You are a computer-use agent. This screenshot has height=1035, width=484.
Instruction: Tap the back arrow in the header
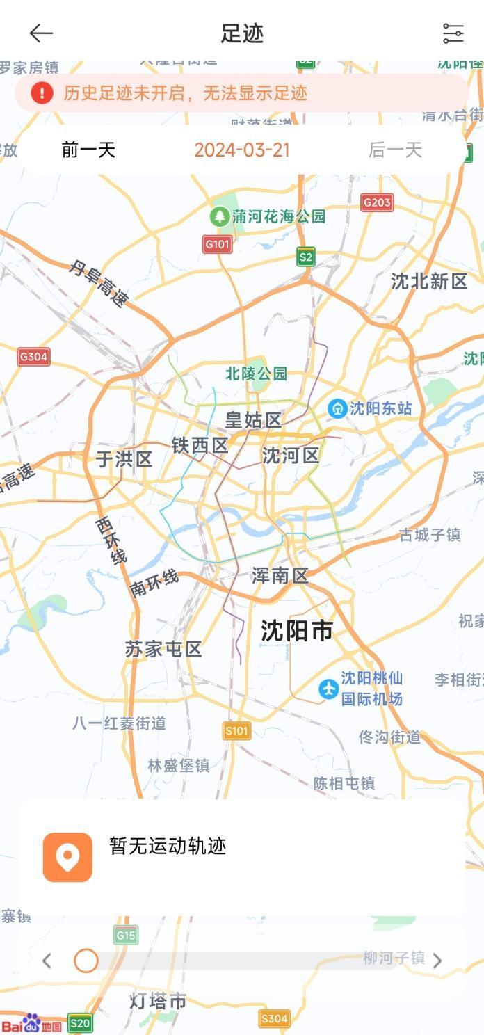(x=41, y=33)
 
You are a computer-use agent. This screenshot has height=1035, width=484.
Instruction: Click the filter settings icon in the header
(x=453, y=33)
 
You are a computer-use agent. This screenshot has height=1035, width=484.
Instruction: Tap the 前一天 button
(x=88, y=150)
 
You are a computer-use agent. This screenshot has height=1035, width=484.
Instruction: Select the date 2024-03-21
(x=242, y=150)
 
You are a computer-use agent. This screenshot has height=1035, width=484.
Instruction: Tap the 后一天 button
(x=395, y=150)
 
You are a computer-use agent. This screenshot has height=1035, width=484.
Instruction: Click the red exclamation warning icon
(x=42, y=93)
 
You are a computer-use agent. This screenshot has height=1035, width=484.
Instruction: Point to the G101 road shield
(x=218, y=244)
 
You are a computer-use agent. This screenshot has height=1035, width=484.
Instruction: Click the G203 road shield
(x=377, y=202)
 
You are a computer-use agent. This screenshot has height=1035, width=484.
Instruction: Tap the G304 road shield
(x=33, y=357)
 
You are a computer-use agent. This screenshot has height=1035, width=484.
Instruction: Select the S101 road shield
(x=236, y=730)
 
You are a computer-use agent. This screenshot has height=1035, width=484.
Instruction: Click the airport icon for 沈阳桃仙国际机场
(x=328, y=689)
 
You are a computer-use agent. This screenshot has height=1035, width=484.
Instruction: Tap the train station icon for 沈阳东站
(x=337, y=408)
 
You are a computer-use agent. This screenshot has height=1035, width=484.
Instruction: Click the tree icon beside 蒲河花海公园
(x=220, y=216)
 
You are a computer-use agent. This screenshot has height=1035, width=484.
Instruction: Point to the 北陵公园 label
(x=256, y=374)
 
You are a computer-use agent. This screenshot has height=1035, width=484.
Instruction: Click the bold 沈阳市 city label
(x=297, y=631)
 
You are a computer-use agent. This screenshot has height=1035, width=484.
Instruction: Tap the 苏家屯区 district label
(x=163, y=649)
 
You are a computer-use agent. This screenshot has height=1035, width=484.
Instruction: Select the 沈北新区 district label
(x=429, y=281)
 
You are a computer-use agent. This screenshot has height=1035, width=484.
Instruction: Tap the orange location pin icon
(x=67, y=857)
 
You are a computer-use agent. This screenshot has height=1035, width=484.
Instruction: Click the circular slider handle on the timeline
(x=86, y=961)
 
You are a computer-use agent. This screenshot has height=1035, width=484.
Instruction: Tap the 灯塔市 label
(x=158, y=1001)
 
